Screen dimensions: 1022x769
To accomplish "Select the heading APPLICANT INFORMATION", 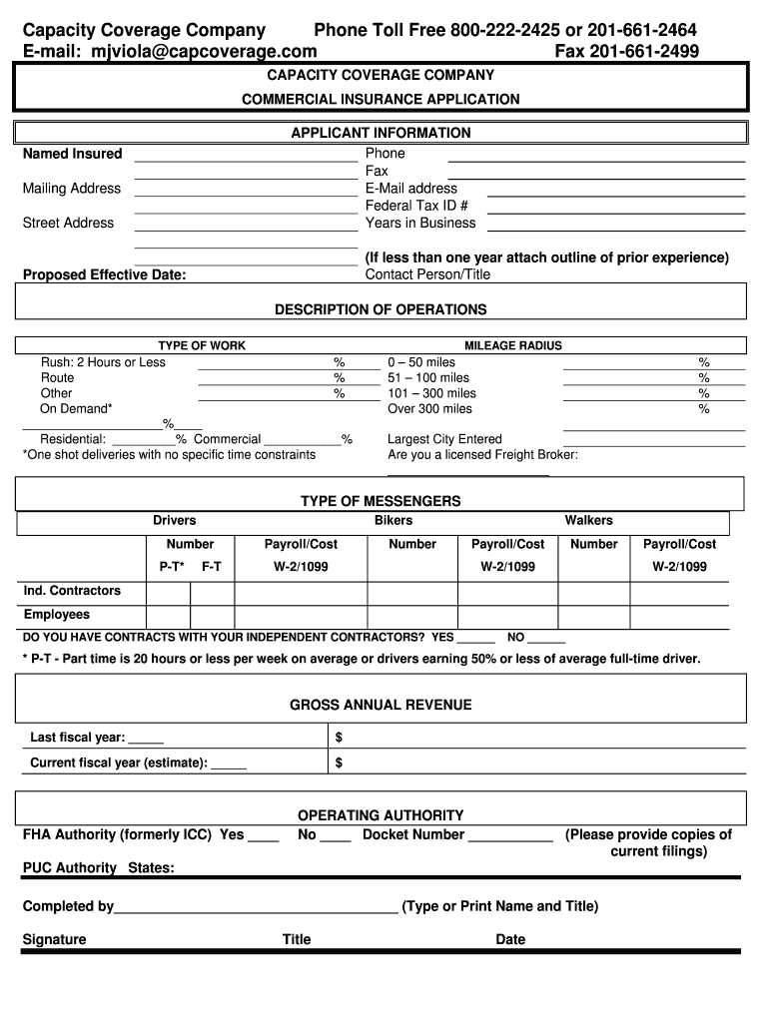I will pos(381,133).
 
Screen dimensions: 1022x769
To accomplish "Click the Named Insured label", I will pos(72,154).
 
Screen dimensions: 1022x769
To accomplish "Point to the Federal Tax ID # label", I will pos(416,206).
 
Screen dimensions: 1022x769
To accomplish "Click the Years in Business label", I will pos(420,223).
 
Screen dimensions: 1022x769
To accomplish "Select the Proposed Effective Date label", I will pos(104,275).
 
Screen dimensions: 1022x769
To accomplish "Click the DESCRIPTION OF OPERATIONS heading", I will pos(381,309).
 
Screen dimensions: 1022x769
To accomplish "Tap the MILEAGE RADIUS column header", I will pos(513,345).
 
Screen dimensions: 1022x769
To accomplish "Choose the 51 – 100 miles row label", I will pos(428,378).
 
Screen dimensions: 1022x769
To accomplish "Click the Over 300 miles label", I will pos(429,408).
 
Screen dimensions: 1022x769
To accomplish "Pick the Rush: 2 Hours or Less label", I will pos(103,362).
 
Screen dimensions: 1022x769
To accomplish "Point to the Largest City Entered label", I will pos(444,439).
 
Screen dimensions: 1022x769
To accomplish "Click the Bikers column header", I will pos(392,520).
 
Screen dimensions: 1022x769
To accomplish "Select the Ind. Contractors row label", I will pos(72,591).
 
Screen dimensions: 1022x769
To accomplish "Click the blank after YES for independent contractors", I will pos(476,638).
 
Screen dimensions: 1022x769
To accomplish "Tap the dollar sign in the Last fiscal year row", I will pos(340,738).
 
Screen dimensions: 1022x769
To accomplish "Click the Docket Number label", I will pos(413,834).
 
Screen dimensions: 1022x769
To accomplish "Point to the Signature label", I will pos(54,939).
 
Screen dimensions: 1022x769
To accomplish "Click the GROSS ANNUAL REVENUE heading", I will pos(381,705).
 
